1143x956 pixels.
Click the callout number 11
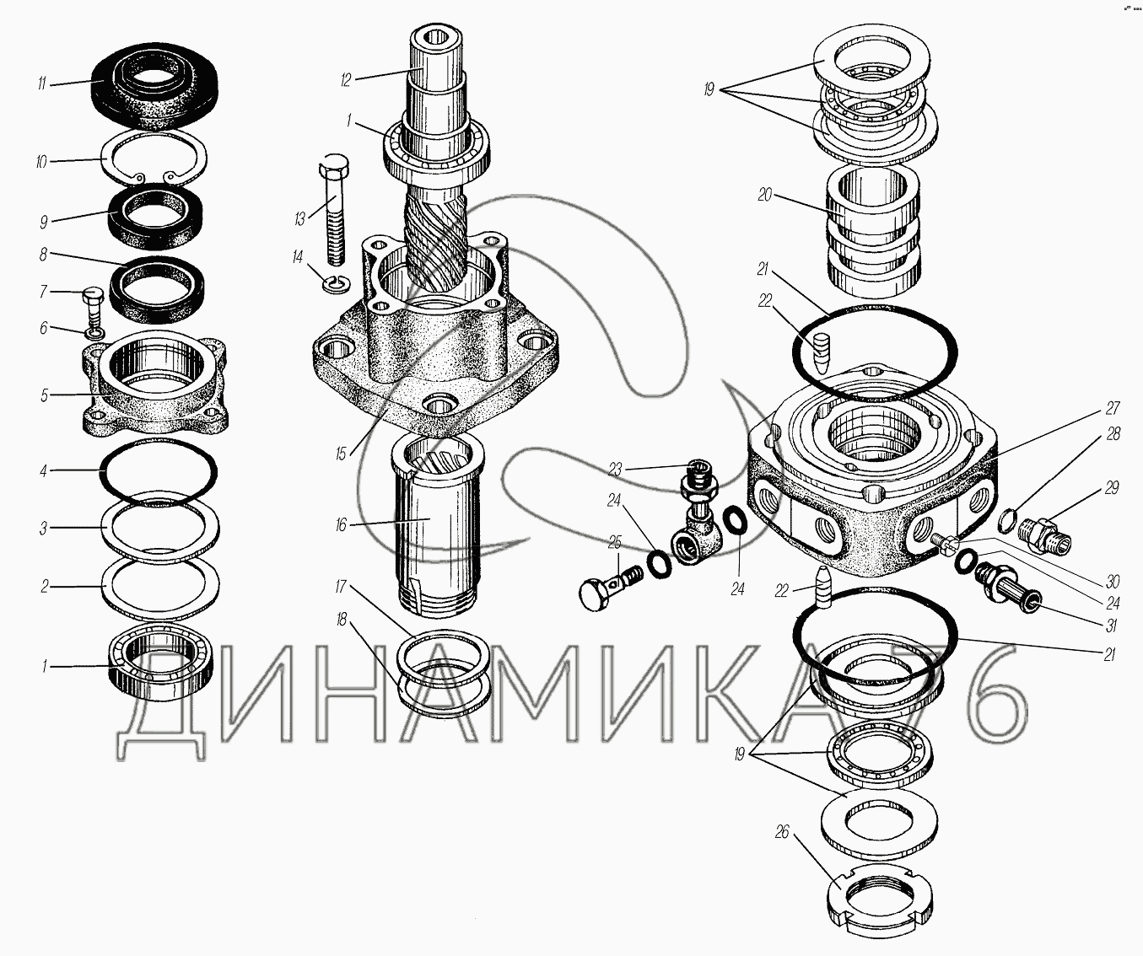41,84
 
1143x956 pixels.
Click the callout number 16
341,525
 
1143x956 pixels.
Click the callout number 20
764,195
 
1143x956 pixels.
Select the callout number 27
1113,409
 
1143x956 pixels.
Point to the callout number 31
1113,626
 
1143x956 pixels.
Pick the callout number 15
341,454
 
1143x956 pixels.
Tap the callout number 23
614,470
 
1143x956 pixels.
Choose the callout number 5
45,395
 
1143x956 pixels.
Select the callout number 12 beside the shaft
346,81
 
